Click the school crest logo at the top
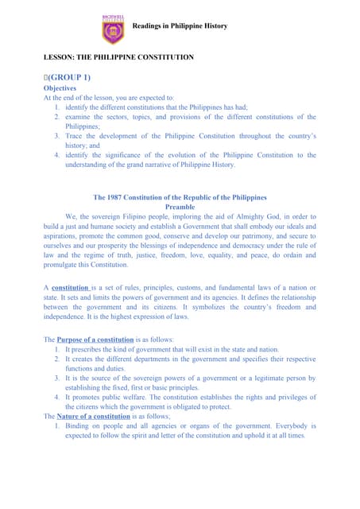114,29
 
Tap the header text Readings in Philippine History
179,26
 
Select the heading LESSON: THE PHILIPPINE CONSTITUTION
118,58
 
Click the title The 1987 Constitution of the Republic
180,196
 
